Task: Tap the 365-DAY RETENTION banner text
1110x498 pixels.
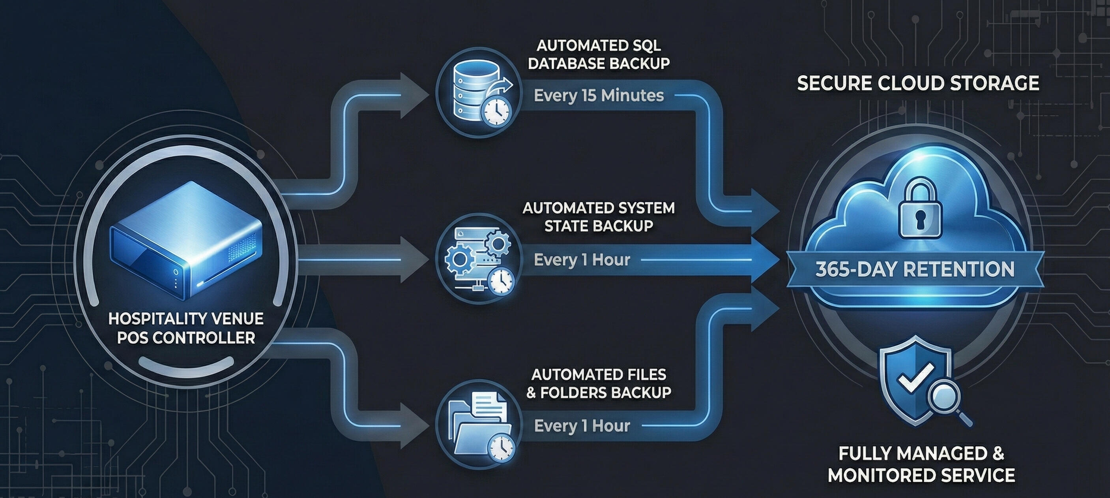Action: (915, 269)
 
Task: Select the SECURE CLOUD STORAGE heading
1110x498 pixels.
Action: (918, 83)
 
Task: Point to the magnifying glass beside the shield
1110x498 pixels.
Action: (946, 399)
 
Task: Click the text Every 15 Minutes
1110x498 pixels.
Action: (599, 96)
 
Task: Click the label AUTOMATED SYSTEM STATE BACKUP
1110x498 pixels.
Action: (599, 217)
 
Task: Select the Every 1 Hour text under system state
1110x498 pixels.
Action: (582, 260)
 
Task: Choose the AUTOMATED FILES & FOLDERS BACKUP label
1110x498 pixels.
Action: (599, 383)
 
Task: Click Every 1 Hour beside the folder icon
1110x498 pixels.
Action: (582, 426)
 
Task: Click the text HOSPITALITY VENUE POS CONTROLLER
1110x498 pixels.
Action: (186, 328)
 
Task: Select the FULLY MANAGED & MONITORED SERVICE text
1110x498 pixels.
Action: (921, 465)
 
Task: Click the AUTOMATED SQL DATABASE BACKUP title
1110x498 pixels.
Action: (599, 55)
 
